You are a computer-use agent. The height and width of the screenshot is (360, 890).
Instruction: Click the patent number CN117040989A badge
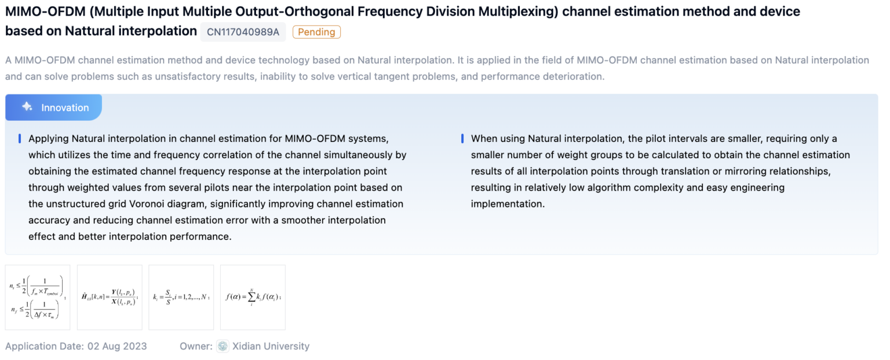[243, 32]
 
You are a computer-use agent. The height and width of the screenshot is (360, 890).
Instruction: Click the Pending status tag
[316, 32]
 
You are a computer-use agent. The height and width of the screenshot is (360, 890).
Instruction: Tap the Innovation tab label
[65, 108]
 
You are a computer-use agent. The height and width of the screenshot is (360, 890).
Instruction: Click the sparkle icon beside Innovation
[27, 107]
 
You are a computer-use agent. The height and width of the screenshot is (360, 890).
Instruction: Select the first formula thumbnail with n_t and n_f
[38, 297]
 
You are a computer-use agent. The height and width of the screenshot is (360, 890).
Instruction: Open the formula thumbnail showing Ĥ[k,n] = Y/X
[110, 297]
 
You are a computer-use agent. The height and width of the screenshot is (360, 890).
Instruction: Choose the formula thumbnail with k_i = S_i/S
[181, 297]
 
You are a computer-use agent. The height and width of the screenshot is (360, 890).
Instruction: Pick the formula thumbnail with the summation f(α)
[253, 297]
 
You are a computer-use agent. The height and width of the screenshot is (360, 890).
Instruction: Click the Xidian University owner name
[271, 346]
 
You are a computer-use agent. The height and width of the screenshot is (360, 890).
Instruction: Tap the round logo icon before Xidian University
[223, 346]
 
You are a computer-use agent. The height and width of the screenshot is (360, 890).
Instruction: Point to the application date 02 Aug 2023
[117, 346]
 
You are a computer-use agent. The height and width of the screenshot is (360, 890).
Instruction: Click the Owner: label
[196, 346]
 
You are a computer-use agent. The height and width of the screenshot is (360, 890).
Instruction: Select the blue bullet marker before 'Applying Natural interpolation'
[20, 139]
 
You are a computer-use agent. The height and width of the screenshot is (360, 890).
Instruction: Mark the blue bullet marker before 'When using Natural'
[462, 139]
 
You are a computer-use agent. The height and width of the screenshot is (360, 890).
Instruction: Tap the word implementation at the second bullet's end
[507, 204]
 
